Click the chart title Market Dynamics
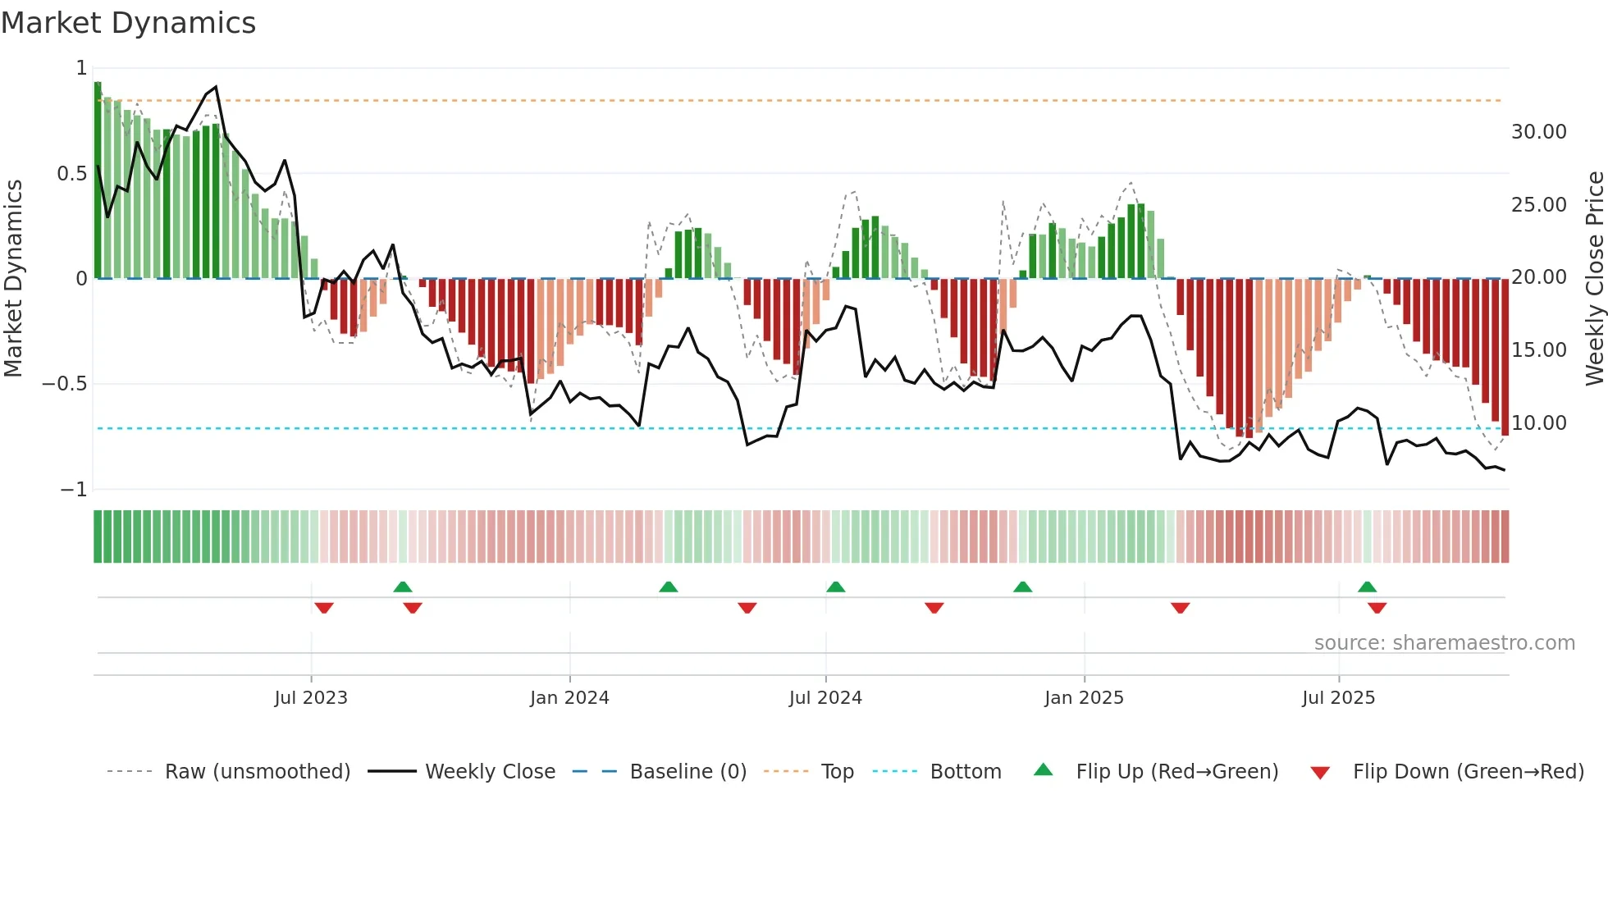[128, 23]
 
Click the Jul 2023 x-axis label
[311, 698]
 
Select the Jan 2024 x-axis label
[569, 698]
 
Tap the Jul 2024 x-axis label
[825, 698]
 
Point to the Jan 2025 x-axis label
[1084, 698]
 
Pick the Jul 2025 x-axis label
[1338, 698]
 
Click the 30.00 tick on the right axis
[1538, 132]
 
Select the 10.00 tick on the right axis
[1538, 423]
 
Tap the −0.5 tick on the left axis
[65, 384]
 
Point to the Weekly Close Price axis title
[1594, 279]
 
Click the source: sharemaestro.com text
[1444, 643]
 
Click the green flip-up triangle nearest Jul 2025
[1367, 587]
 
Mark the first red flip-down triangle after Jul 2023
[324, 608]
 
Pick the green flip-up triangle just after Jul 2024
[835, 587]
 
